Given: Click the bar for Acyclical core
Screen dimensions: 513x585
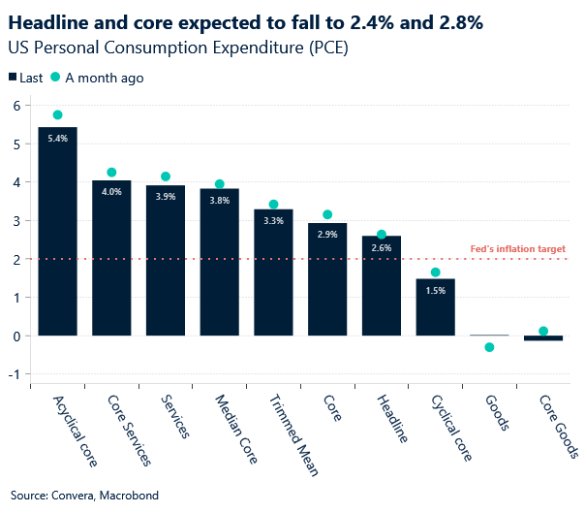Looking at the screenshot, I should pyautogui.click(x=57, y=233).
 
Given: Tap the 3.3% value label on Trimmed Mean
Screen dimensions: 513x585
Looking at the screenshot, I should pyautogui.click(x=273, y=221).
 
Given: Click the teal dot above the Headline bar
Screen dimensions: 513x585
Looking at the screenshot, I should pyautogui.click(x=382, y=235).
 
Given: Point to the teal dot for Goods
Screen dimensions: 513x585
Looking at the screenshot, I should pyautogui.click(x=489, y=347).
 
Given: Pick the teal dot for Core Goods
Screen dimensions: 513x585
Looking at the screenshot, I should pyautogui.click(x=543, y=332).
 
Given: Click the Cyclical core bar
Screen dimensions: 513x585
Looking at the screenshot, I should pyautogui.click(x=435, y=307).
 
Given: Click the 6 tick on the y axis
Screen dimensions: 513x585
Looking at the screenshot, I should pyautogui.click(x=16, y=106).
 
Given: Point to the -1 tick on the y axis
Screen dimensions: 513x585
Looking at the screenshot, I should pyautogui.click(x=15, y=374).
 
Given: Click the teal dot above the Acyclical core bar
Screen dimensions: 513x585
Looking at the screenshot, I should pyautogui.click(x=57, y=115).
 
